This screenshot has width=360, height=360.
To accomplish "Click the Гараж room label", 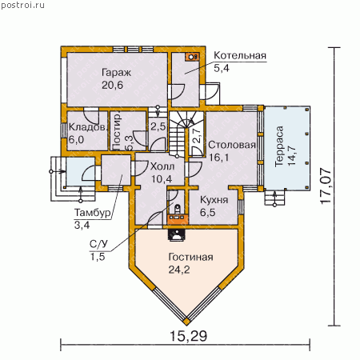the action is pos(116,73).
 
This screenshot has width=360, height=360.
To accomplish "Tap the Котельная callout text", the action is pos(240,55).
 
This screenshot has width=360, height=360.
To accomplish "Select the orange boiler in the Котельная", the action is pos(192,57).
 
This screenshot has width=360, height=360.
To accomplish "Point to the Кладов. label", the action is pos(87,127).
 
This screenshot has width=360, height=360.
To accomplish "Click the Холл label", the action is pos(162,166).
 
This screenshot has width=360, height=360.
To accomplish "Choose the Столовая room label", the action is pos(232,145).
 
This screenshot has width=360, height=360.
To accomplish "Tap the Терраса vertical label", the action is pos(279,146).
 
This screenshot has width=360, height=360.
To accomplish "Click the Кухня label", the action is pos(214,200).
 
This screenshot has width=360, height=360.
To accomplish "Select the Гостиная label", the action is pos(190,257).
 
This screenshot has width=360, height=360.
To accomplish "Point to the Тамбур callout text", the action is pos(92,213).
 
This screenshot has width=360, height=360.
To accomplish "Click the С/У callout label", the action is pos(98,244).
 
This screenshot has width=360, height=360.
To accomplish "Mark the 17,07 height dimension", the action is pos(326,186).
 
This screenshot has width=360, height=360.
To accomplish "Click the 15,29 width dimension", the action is pos(188,336).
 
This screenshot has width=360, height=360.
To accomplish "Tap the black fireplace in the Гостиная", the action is pos(175,235).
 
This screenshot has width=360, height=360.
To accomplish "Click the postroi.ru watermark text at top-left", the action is pos(23,5).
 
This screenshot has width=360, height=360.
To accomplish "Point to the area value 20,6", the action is pos(112,85).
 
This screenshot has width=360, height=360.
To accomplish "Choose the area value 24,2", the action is pos(179,270).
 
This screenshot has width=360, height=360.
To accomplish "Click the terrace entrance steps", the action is pos(274,198).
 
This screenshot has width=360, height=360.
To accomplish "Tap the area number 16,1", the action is pos(219,158).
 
